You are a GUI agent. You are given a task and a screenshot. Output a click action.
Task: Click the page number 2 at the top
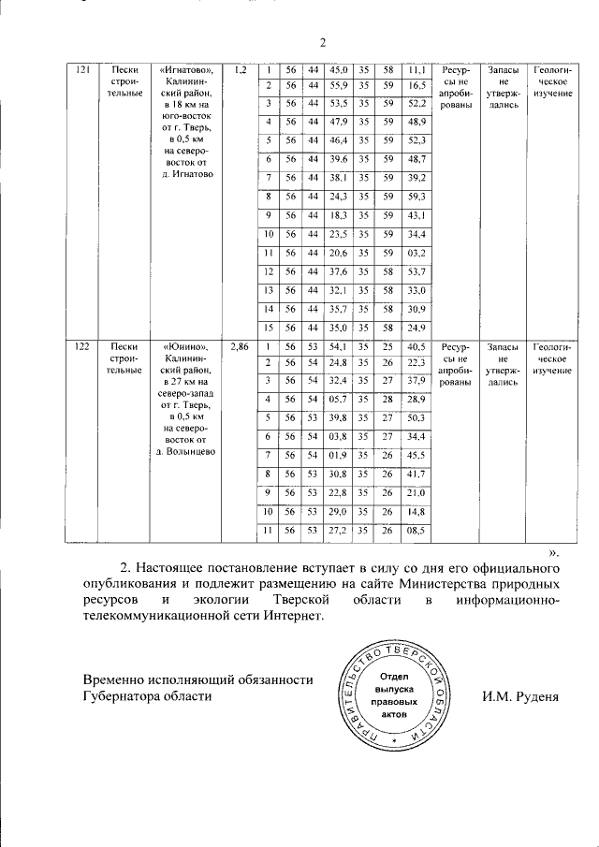pos(321,42)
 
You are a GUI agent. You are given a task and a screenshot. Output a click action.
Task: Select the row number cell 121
pos(82,70)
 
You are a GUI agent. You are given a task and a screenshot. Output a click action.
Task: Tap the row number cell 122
pos(82,346)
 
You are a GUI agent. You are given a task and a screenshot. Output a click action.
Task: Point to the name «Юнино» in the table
pos(187,346)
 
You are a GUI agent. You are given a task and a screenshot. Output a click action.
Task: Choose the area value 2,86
pos(240,346)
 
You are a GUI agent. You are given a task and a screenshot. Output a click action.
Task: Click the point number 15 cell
pos(268,327)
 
